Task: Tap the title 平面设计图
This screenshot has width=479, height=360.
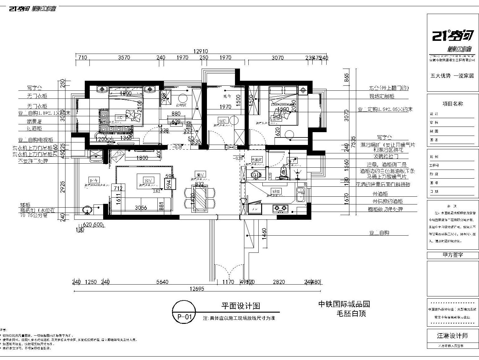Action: point(240,306)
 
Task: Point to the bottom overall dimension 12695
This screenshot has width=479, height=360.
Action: point(197,289)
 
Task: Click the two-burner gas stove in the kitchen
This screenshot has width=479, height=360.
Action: point(280,208)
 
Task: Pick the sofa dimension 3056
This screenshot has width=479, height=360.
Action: point(141,208)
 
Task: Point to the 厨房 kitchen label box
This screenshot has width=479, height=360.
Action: point(276,191)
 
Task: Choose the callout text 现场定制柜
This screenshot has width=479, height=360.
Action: point(382,96)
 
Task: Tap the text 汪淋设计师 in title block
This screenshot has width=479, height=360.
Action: point(452,336)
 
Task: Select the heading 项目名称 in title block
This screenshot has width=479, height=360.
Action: point(453,104)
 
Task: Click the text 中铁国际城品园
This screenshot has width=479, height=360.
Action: point(344,304)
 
